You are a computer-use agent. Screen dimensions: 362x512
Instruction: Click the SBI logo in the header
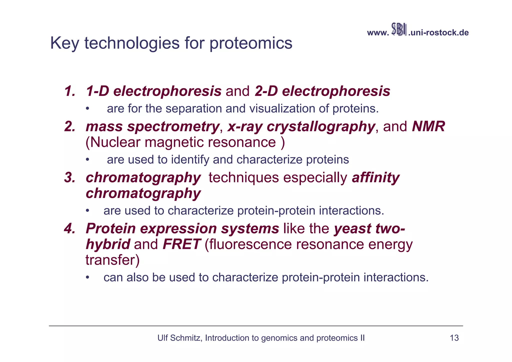(399, 30)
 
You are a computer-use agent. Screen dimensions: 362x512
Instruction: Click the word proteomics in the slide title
(250, 43)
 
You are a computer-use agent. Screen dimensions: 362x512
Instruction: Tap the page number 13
(454, 338)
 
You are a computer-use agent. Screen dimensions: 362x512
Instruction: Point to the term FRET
(181, 244)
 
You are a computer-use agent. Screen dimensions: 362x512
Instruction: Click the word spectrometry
(173, 127)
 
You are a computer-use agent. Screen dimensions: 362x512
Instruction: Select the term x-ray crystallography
(301, 127)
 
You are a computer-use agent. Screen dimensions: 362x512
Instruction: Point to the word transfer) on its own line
(112, 260)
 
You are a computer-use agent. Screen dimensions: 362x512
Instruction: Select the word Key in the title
(65, 43)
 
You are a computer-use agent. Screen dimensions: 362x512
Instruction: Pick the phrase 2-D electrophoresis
(322, 91)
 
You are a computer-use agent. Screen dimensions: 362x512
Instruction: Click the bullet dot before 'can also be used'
(87, 277)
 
